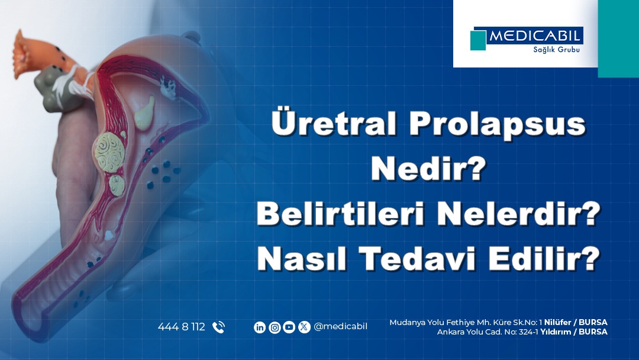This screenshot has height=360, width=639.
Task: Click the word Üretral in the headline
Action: (x=333, y=122)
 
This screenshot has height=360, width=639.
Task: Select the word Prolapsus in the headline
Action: (x=497, y=124)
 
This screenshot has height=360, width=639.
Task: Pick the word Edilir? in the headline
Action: (x=544, y=258)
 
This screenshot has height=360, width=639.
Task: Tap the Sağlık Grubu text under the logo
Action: (x=556, y=50)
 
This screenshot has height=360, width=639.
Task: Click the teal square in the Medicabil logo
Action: (x=478, y=40)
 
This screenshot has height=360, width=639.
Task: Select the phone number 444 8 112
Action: (x=182, y=327)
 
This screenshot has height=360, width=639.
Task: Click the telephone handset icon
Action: (x=219, y=327)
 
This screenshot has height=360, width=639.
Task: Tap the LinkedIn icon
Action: (x=260, y=327)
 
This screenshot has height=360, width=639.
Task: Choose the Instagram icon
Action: (x=275, y=327)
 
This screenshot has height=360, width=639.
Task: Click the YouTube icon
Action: (x=289, y=327)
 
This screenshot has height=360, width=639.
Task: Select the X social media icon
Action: (x=304, y=327)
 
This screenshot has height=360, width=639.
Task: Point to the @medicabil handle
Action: (x=340, y=327)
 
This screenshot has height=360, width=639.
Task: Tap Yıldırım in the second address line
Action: (x=555, y=332)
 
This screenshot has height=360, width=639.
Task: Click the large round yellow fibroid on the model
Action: (x=109, y=152)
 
